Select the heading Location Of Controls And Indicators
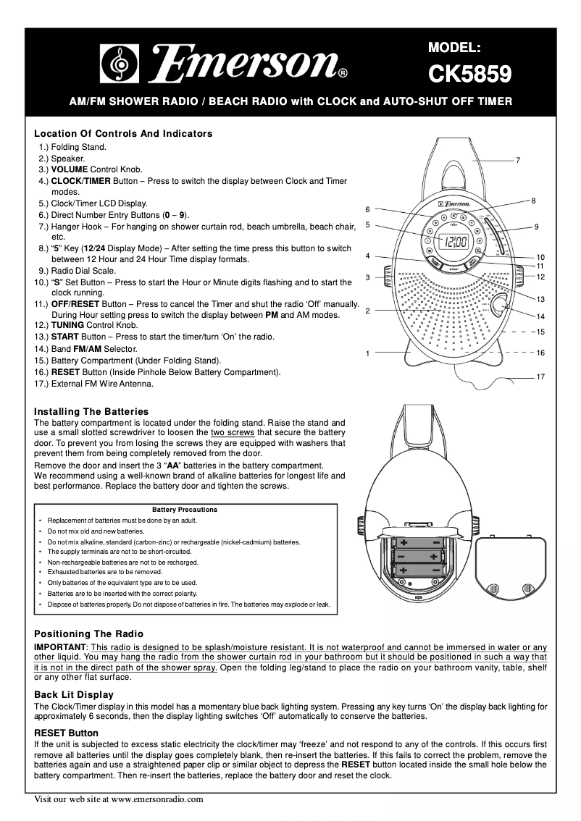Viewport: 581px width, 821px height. (x=124, y=134)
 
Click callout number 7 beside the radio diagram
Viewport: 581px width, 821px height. (x=518, y=159)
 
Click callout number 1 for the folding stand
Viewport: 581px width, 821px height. (x=368, y=353)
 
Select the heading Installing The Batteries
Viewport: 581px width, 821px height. (x=91, y=411)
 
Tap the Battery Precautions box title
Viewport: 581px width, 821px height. (x=185, y=510)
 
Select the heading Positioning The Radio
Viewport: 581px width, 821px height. (x=89, y=633)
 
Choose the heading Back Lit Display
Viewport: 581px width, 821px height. (x=75, y=695)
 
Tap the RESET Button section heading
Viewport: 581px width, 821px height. (x=66, y=733)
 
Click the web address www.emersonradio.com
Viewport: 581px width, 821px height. (x=157, y=800)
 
